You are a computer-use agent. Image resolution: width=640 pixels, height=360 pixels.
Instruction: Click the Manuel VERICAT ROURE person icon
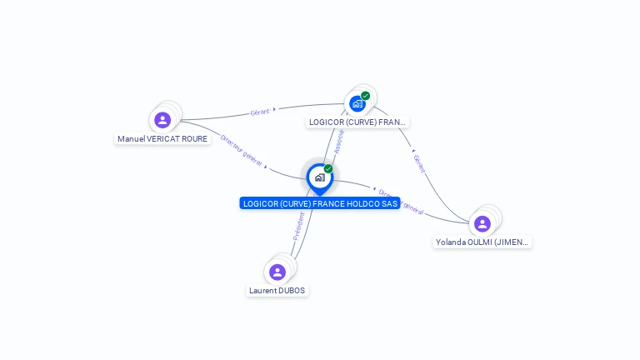click(x=162, y=120)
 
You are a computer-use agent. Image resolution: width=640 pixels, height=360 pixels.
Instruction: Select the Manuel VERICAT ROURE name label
click(x=162, y=139)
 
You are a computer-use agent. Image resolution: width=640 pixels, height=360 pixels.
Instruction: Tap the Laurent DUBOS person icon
click(x=277, y=272)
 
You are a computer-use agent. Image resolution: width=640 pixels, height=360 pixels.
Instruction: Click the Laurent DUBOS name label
click(x=277, y=291)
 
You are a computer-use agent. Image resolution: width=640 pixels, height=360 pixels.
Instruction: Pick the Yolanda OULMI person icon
click(x=482, y=223)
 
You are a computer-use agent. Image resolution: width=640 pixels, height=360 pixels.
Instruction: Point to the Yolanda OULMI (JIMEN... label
click(x=482, y=242)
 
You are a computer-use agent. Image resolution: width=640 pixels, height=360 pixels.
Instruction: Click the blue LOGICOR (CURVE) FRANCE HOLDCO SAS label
click(x=320, y=203)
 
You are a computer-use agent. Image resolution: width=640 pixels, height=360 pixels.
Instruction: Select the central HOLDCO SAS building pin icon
click(x=319, y=177)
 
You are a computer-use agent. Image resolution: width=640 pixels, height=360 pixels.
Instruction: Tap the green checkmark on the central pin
click(x=328, y=169)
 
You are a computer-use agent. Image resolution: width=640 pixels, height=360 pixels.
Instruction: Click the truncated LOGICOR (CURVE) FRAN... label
click(x=357, y=122)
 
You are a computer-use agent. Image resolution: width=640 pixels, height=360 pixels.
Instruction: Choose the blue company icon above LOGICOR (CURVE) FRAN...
click(x=357, y=104)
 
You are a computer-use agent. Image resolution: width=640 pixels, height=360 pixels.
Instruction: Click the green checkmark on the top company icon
click(x=365, y=96)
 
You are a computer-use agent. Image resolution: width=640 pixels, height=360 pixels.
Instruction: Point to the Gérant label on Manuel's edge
click(x=260, y=112)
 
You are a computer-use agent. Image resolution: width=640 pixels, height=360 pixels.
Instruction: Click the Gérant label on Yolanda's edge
click(x=419, y=164)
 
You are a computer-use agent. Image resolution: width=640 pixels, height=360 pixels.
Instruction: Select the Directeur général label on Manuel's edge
click(x=242, y=151)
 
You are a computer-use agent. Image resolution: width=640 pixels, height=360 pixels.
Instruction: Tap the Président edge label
click(x=299, y=225)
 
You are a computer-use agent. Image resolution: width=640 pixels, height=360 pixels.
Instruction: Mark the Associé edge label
click(x=338, y=141)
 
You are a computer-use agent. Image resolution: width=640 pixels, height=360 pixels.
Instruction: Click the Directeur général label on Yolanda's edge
click(x=403, y=203)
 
